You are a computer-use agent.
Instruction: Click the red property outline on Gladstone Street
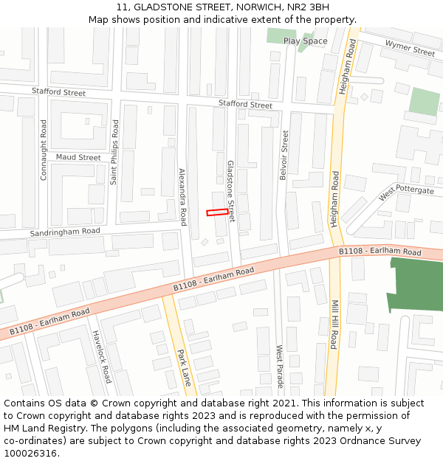pyautogui.click(x=217, y=212)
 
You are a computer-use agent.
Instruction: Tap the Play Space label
pyautogui.click(x=305, y=41)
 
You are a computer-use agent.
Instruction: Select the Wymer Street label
pyautogui.click(x=410, y=49)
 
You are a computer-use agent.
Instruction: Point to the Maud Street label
pyautogui.click(x=78, y=157)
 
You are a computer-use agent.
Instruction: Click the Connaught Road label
pyautogui.click(x=44, y=150)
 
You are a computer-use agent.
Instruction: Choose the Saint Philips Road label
pyautogui.click(x=114, y=152)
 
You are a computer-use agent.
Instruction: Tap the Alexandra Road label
pyautogui.click(x=182, y=196)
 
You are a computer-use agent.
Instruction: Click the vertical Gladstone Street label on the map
pyautogui.click(x=230, y=191)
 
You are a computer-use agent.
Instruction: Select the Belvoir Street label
pyautogui.click(x=284, y=155)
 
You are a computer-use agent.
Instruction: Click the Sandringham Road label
pyautogui.click(x=65, y=232)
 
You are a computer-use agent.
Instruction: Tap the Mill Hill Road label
pyautogui.click(x=334, y=324)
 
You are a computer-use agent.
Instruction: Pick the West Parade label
pyautogui.click(x=279, y=367)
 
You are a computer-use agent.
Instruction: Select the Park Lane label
pyautogui.click(x=184, y=368)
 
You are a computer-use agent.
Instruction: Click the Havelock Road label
pyautogui.click(x=102, y=356)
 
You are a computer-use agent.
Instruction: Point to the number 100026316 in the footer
pyautogui.click(x=30, y=453)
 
